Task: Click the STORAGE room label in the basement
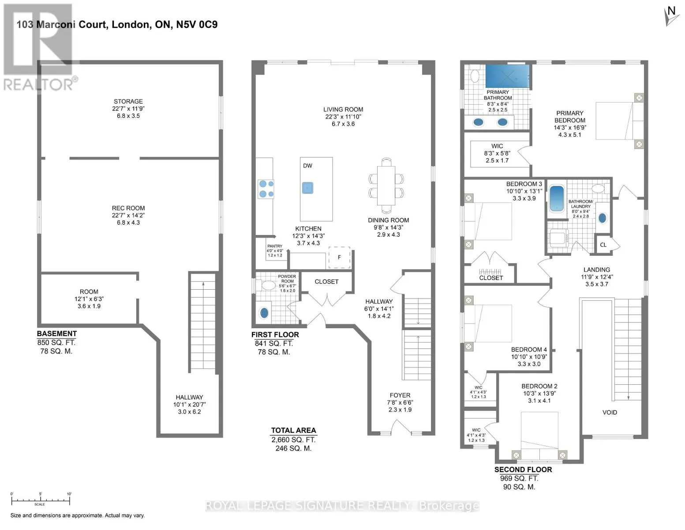128,101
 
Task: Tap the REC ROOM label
128,208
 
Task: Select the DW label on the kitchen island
307,166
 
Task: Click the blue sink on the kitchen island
307,188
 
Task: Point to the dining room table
386,185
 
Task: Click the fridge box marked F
339,257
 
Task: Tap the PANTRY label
274,246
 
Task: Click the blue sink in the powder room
264,313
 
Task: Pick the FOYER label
400,395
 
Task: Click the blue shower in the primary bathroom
507,76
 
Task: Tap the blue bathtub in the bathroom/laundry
556,198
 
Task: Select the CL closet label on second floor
603,245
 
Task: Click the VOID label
609,412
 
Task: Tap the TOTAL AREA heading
293,430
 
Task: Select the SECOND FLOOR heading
523,469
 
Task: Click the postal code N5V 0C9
197,25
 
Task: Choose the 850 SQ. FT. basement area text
56,342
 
